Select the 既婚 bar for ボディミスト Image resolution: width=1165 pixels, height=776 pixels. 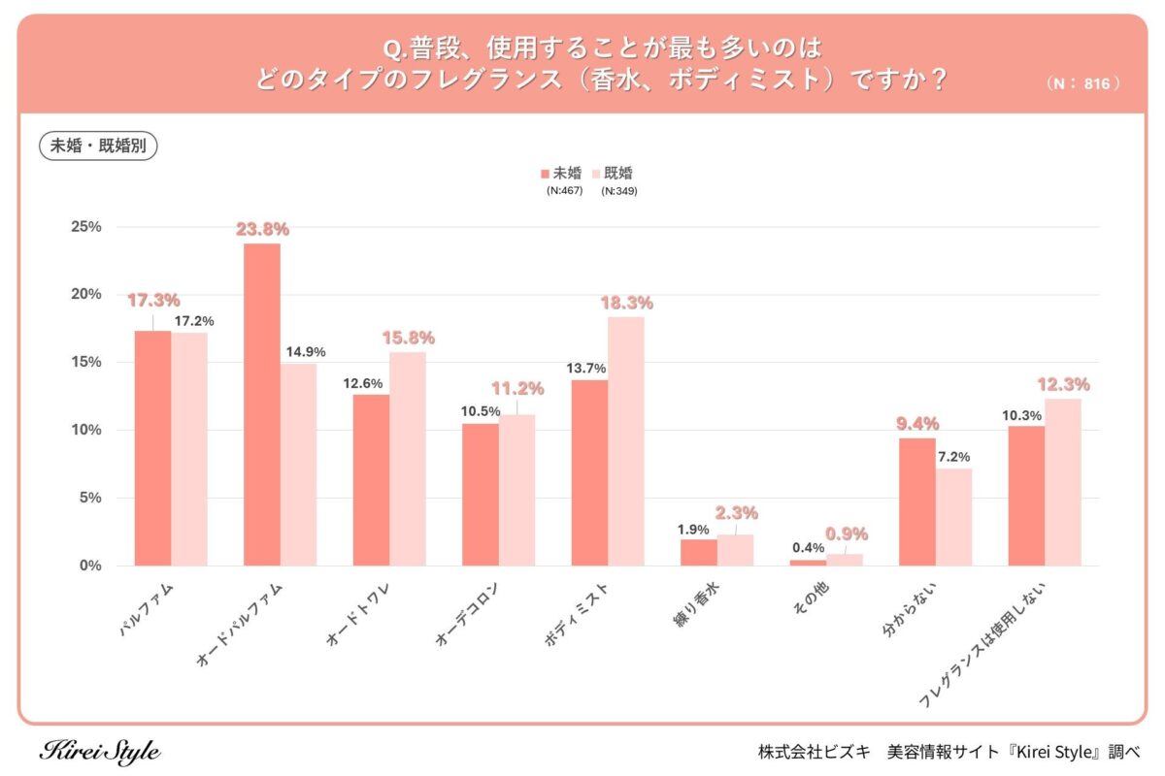(626, 441)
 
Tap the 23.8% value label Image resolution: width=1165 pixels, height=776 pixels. (262, 230)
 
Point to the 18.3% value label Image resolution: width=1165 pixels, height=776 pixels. (626, 304)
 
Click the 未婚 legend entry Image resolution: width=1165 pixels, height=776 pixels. (561, 174)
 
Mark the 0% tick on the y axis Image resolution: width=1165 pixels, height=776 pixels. (89, 566)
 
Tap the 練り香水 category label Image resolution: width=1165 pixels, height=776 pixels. (698, 606)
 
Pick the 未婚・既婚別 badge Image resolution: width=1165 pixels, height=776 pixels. (98, 146)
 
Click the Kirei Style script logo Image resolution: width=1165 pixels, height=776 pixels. (100, 751)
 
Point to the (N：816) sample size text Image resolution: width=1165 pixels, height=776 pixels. (1084, 83)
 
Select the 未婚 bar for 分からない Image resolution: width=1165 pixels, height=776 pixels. (917, 501)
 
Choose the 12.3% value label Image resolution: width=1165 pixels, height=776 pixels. (1063, 385)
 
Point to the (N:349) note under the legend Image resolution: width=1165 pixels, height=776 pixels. (618, 191)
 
